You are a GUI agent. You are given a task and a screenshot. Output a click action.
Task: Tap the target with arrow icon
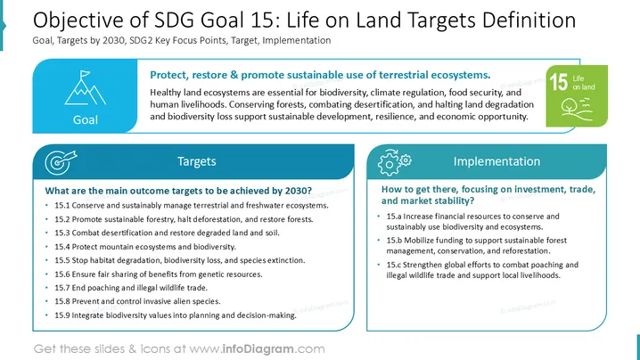[x=61, y=162]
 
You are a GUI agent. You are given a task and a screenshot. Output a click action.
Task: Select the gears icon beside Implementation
[x=394, y=162]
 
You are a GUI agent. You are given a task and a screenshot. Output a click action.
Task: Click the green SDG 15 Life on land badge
[x=577, y=96]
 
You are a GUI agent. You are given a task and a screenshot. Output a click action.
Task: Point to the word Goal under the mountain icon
[x=86, y=119]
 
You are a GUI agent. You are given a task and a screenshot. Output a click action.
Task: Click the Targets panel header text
[x=197, y=161]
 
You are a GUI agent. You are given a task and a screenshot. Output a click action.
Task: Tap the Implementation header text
[x=496, y=161]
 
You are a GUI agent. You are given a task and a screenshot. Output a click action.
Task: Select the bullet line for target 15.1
[x=192, y=205]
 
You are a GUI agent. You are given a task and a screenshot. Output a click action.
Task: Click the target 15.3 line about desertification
[x=167, y=233]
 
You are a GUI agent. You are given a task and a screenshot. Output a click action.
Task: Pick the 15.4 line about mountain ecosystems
[x=145, y=247]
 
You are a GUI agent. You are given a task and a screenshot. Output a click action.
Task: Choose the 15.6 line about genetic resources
[x=159, y=274]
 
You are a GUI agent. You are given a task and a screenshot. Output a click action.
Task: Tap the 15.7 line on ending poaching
[x=131, y=288]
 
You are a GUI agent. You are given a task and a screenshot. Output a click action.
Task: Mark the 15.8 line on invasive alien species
[x=137, y=301]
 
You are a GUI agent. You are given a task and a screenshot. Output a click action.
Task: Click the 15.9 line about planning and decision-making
[x=176, y=315]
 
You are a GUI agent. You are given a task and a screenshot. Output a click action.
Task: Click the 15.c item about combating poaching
[x=482, y=270]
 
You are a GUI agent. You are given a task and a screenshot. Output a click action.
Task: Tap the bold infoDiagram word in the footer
[x=258, y=349]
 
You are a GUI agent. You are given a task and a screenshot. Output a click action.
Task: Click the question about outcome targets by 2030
[x=178, y=191]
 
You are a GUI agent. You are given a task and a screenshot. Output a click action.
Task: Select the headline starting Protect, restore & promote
[x=320, y=75]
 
